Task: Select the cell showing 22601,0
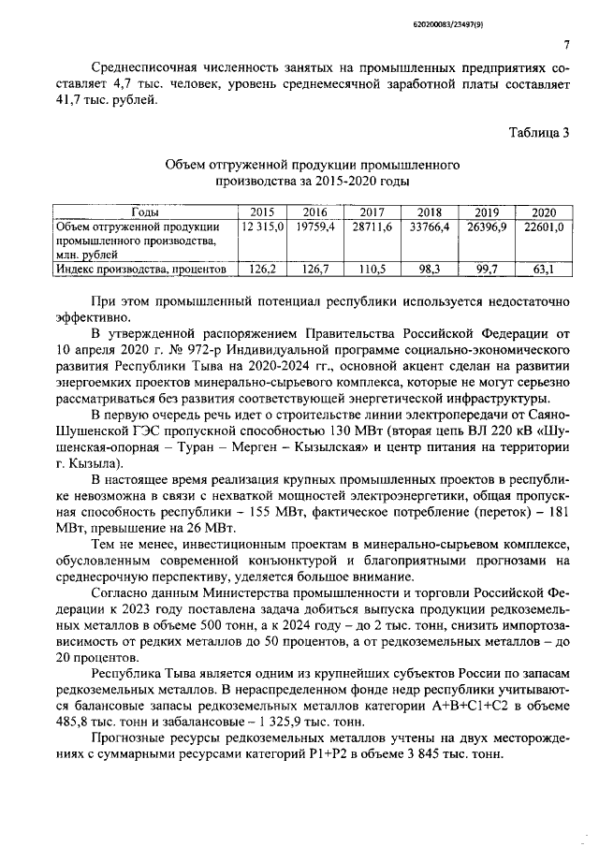tap(543, 226)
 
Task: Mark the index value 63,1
tap(543, 269)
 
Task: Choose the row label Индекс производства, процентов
tap(140, 269)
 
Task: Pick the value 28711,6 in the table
tap(373, 226)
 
